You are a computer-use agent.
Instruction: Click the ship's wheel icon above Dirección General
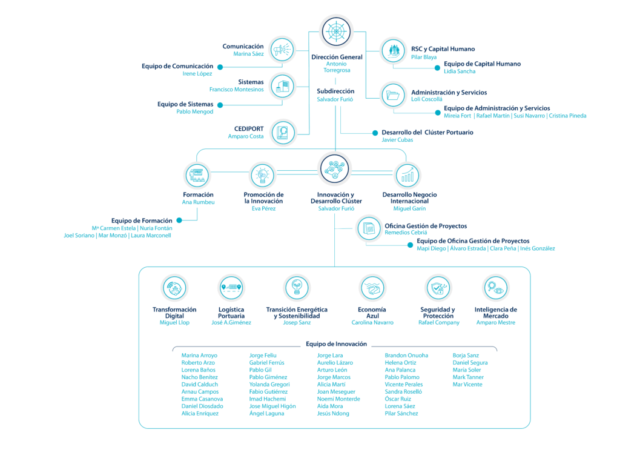336,31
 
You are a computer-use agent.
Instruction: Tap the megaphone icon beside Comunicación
282,50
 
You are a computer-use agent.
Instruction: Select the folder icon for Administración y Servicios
393,95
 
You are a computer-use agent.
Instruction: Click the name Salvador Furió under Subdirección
335,99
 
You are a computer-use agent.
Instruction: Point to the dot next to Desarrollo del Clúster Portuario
375,133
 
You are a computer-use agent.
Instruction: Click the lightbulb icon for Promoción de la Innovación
263,175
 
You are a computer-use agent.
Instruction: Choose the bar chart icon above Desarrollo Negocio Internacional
407,175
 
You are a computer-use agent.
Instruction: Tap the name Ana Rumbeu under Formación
198,202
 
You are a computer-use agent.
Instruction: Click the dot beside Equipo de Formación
179,220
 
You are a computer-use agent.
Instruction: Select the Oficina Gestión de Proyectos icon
369,228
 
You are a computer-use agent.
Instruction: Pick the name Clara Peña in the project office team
503,248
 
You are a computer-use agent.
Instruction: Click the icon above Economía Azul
372,288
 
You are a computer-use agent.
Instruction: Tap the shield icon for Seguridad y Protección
438,288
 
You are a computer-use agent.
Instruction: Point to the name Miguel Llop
174,322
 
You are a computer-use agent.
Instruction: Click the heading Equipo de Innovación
337,344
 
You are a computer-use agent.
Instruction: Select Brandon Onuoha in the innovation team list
406,356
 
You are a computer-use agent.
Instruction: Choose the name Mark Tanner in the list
468,377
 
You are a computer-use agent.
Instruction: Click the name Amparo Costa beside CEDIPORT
246,136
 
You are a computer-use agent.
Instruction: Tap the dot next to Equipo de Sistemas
220,105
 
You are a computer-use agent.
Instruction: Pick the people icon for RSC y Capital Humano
394,51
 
